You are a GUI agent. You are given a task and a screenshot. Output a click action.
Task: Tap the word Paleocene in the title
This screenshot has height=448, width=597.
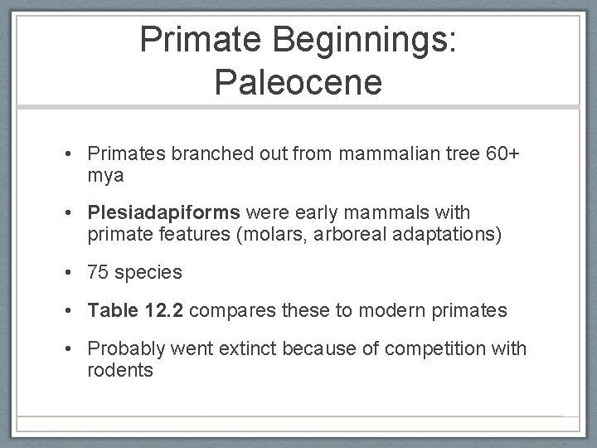pyautogui.click(x=298, y=83)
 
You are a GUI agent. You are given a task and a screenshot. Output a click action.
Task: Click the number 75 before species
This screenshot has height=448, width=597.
pyautogui.click(x=99, y=271)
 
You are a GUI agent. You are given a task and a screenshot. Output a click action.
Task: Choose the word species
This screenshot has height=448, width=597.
pyautogui.click(x=148, y=271)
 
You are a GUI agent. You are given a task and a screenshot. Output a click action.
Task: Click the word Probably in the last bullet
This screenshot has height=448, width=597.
pyautogui.click(x=125, y=348)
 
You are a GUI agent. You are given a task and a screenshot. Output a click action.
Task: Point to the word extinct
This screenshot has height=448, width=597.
pyautogui.click(x=244, y=348)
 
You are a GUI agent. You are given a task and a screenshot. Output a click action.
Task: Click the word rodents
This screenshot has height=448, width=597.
pyautogui.click(x=119, y=370)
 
